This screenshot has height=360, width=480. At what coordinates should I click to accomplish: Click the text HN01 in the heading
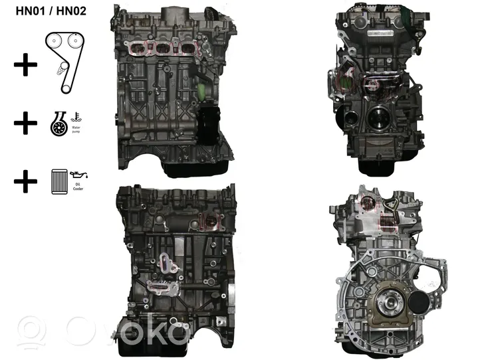point(31,11)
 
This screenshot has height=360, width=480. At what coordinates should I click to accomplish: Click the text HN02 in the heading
point(71,11)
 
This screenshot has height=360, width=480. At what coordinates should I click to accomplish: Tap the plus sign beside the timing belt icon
point(25,65)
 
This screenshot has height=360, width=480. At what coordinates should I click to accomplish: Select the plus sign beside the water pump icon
point(25,123)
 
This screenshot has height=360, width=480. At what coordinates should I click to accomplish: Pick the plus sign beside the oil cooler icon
point(25,181)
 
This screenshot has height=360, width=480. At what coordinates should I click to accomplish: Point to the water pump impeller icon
point(59,124)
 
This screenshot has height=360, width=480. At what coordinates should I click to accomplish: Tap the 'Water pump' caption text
point(76,130)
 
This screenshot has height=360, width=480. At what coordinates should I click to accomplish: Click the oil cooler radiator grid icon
point(59,182)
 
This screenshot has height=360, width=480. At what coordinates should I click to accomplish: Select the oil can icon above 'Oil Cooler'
point(78,175)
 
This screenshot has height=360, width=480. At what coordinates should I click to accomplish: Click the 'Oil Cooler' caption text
point(78,187)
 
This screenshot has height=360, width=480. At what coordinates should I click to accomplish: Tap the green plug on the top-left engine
point(201,91)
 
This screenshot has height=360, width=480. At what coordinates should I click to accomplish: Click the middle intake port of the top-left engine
point(163,48)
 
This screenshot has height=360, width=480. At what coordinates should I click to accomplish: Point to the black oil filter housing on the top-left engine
point(208,126)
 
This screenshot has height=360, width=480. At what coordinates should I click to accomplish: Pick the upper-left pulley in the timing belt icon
point(54,41)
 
